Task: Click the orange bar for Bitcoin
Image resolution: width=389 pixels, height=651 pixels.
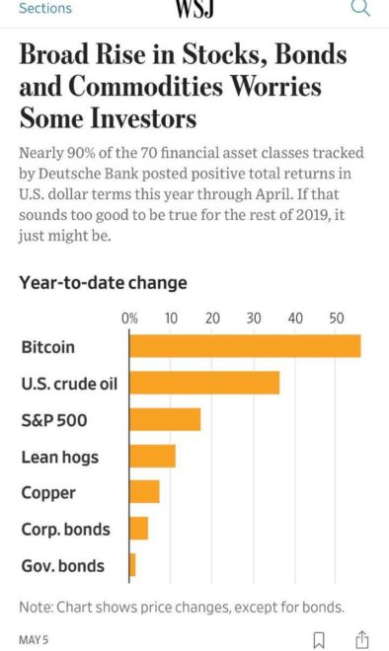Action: point(245,346)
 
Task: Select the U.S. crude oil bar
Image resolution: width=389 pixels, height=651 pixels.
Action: point(204,383)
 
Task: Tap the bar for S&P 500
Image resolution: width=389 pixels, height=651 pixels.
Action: point(165,419)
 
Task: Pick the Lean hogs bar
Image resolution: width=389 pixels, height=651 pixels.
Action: point(153,456)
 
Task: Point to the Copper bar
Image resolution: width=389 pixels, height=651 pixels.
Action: point(144,491)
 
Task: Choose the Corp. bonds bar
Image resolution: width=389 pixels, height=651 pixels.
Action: point(139,529)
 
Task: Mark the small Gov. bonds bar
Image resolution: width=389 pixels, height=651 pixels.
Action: point(133,565)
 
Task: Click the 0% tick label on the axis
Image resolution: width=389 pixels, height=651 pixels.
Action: point(129,319)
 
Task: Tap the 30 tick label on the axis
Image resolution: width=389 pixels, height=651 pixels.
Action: point(255,319)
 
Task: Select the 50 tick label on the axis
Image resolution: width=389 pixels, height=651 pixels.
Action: point(338,319)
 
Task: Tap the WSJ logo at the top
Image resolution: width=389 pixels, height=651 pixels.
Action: point(194,9)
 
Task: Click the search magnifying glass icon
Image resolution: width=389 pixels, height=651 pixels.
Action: point(360,9)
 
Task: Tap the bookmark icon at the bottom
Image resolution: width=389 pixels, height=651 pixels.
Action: point(318,639)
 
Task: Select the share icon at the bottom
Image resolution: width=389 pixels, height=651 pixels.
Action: point(361,639)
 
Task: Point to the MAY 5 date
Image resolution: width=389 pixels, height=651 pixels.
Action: point(34,639)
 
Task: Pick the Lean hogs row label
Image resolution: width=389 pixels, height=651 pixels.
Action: point(60,456)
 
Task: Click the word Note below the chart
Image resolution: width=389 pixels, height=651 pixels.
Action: point(36,606)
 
